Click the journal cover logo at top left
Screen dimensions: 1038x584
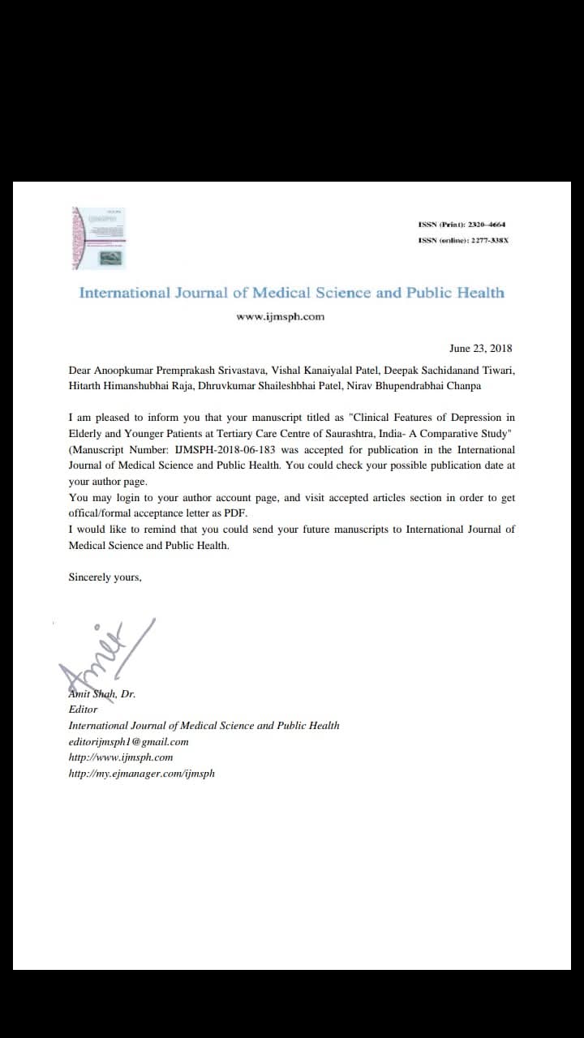pyautogui.click(x=98, y=238)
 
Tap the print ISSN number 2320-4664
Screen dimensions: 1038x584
pyautogui.click(x=491, y=225)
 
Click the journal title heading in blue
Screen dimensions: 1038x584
pyautogui.click(x=291, y=293)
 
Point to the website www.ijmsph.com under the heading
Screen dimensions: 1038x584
pyautogui.click(x=280, y=317)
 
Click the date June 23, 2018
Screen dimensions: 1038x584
pyautogui.click(x=480, y=349)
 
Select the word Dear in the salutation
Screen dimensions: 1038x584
pyautogui.click(x=80, y=371)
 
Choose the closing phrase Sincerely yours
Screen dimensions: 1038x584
pyautogui.click(x=105, y=577)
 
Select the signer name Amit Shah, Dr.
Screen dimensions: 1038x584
pyautogui.click(x=101, y=694)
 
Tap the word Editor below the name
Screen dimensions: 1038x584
pyautogui.click(x=83, y=710)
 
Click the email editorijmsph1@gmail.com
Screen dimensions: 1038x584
pyautogui.click(x=128, y=741)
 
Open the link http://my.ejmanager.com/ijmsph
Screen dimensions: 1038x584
pyautogui.click(x=141, y=774)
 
